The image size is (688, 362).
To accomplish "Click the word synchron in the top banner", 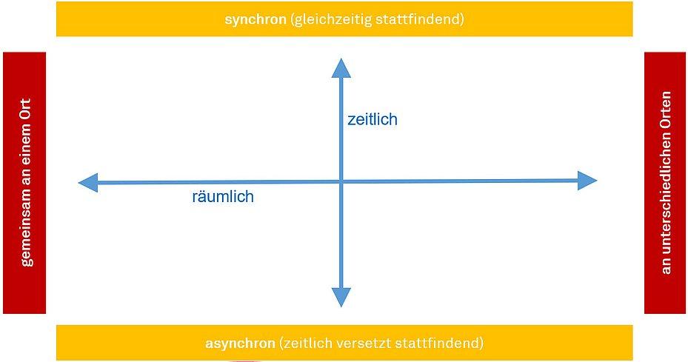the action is pos(255,20).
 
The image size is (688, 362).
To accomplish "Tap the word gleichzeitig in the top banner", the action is pos(330,20).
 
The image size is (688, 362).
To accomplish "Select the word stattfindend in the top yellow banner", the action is pos(419,19).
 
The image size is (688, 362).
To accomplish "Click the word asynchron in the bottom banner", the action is pos(240,343).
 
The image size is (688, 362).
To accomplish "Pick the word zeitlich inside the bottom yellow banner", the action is pos(307,343).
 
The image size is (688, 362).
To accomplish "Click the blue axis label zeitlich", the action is pos(372,119).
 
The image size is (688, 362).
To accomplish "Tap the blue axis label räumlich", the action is pos(223,196).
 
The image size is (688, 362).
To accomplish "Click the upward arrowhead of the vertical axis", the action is pos(341,68).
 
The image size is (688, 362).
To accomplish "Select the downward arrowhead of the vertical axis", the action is pos(341,297).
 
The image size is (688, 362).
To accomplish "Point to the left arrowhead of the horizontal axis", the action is pos(87,183).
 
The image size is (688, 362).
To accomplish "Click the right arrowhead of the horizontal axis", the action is pos(587,181).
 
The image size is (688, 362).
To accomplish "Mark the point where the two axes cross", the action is pos(341,181).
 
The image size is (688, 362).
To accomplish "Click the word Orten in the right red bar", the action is pos(667,110).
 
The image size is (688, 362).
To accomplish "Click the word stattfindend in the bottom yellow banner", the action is pos(439,343).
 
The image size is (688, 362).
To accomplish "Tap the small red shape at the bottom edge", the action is pos(246,361).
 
